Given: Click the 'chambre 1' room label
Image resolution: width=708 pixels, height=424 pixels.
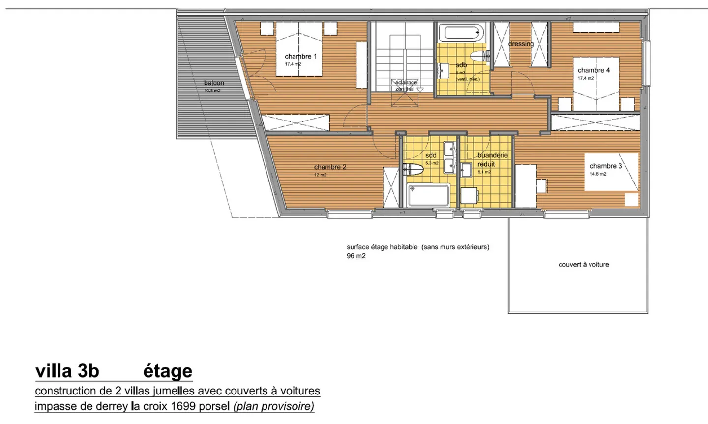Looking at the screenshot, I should (300, 57).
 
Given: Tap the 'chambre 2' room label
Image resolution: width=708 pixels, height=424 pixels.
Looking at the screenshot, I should (330, 167).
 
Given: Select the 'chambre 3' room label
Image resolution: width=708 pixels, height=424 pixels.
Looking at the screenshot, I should (606, 166).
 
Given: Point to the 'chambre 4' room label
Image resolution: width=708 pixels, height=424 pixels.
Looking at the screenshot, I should (593, 70).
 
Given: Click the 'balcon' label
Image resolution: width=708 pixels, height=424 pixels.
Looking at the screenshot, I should (214, 83).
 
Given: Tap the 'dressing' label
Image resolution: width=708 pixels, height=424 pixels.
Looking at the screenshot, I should (521, 44).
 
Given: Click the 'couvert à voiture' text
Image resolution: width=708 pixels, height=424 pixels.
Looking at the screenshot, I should (584, 265).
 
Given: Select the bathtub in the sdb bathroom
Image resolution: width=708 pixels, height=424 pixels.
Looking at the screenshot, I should (462, 33).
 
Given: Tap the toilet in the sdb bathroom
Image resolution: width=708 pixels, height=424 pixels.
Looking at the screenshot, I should (478, 56).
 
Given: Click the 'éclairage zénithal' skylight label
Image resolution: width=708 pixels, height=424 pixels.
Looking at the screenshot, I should (406, 86).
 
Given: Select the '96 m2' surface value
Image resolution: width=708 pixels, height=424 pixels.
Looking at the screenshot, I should (356, 256).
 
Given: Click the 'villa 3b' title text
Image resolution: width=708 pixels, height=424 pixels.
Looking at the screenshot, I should (67, 371).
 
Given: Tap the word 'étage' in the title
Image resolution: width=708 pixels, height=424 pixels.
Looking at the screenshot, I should (168, 371).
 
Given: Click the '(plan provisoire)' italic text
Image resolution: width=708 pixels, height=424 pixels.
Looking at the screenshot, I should (273, 406).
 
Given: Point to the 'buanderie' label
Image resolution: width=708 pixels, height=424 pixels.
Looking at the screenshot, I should (492, 155).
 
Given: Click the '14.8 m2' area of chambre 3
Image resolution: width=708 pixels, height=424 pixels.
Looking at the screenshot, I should (598, 174).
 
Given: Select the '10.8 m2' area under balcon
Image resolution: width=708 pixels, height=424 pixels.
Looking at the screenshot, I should (212, 91).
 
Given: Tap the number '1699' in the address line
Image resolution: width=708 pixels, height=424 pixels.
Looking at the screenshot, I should (183, 406).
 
